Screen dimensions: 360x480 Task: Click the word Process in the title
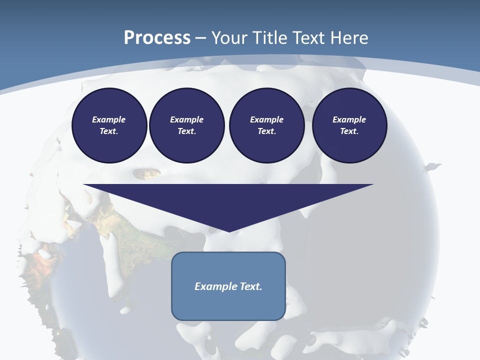[157, 38]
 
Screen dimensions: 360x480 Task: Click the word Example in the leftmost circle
[109, 119]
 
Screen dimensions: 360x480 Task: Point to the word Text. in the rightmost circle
[349, 131]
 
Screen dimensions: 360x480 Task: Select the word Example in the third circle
[267, 119]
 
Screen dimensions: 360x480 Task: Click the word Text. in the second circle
[187, 131]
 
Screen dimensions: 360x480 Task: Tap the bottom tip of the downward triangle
[229, 230]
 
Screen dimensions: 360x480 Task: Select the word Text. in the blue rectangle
[251, 286]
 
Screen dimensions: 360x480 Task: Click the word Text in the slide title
[308, 38]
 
